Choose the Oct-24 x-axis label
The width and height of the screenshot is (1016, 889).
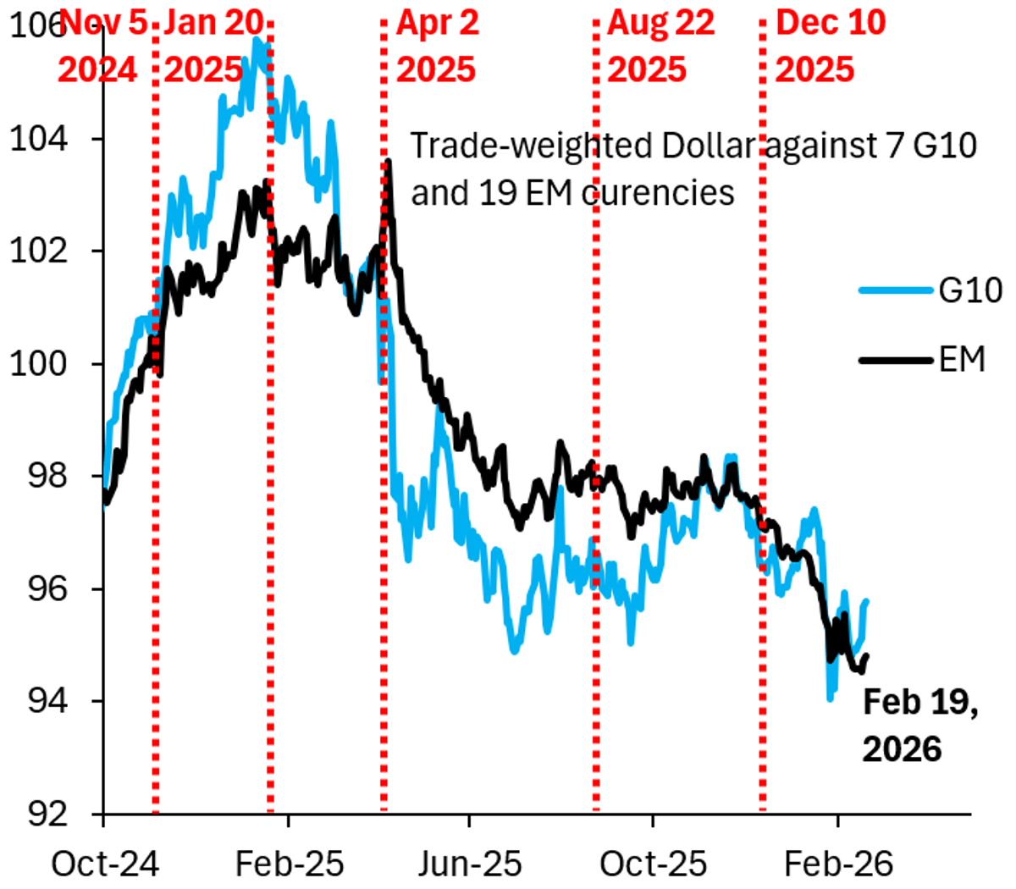coord(105,864)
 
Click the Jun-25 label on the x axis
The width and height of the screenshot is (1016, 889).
coord(469,864)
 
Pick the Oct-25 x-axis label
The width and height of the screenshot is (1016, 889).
coord(653,864)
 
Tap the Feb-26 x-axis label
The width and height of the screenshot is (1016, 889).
coord(838,864)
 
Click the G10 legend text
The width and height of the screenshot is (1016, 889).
coord(969,290)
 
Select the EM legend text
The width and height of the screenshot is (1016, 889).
coord(962,360)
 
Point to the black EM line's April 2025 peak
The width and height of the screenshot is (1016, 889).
coord(388,161)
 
